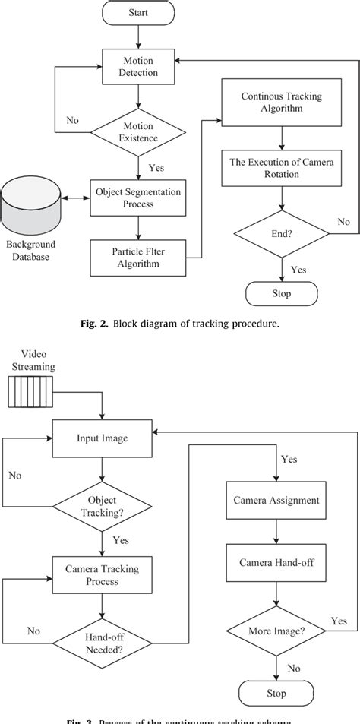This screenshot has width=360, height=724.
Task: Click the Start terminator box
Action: pyautogui.click(x=137, y=12)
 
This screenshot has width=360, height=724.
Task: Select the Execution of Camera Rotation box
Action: pyautogui.click(x=282, y=167)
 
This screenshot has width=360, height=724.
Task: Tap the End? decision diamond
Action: pyautogui.click(x=282, y=233)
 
